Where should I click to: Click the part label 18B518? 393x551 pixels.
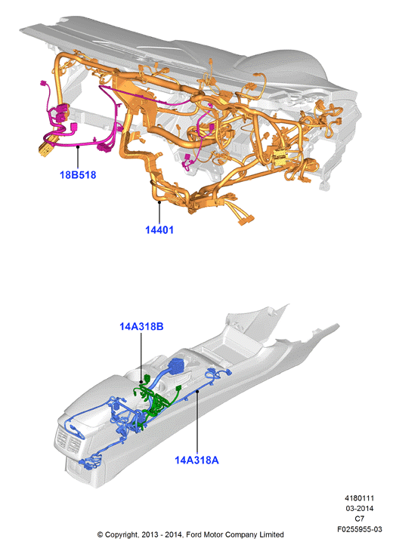[x=78, y=174]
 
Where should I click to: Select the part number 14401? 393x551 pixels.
[x=159, y=229]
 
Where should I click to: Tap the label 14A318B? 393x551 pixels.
[x=141, y=327]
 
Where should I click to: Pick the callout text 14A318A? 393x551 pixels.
[x=196, y=460]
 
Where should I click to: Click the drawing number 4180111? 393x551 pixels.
[x=359, y=498]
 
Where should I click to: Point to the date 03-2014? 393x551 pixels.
[x=359, y=508]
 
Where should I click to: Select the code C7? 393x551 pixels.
[x=359, y=519]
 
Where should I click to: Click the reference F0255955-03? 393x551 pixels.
[x=359, y=529]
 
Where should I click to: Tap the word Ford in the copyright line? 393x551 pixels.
[x=193, y=535]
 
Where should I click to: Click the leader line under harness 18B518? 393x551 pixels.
[x=78, y=158]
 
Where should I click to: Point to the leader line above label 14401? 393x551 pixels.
[x=159, y=213]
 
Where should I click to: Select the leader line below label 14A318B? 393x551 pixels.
[x=141, y=357]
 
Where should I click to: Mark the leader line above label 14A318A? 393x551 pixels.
[x=197, y=423]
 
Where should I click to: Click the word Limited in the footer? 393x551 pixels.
[x=271, y=535]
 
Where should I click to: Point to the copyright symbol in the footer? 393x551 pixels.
[x=101, y=535]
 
